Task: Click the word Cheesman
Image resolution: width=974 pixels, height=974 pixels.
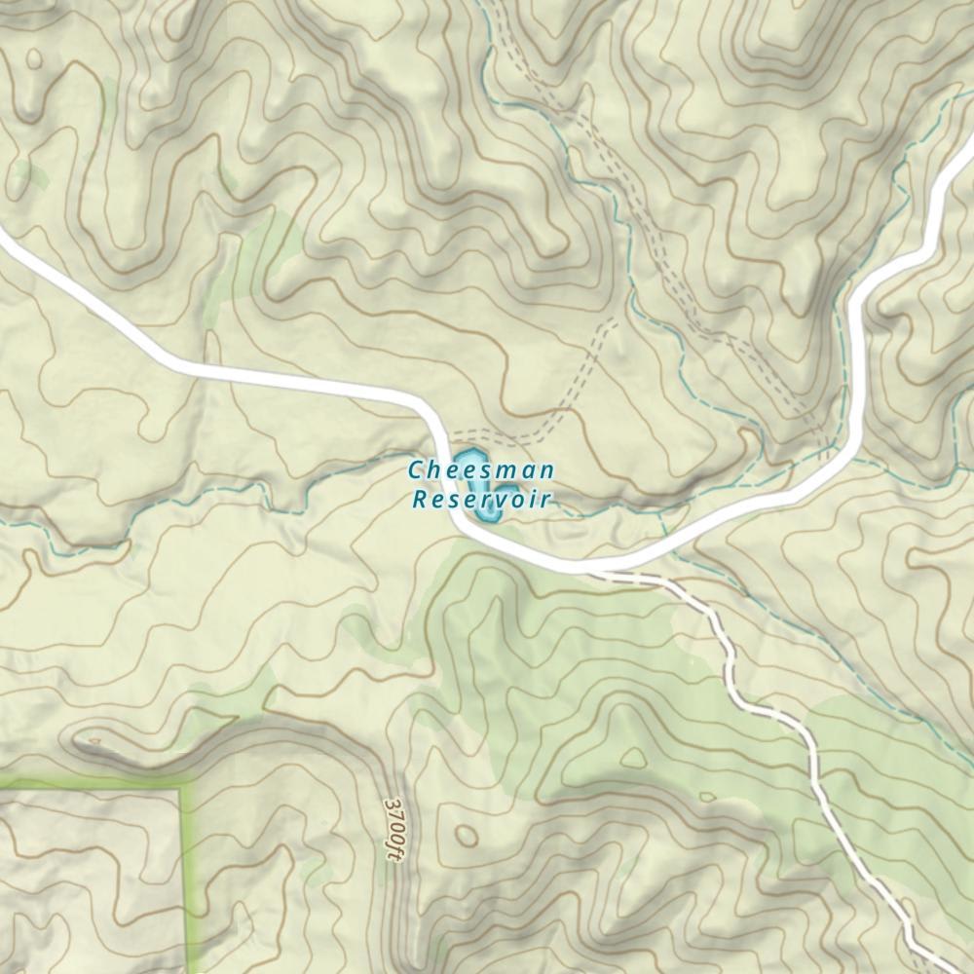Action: pyautogui.click(x=481, y=470)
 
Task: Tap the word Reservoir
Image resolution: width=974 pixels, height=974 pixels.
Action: pyautogui.click(x=481, y=501)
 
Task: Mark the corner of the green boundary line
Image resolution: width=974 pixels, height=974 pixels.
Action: pyautogui.click(x=181, y=783)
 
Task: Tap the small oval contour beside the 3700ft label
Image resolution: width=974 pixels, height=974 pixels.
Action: pyautogui.click(x=467, y=835)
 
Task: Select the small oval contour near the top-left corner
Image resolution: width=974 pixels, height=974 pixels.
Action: pyautogui.click(x=35, y=59)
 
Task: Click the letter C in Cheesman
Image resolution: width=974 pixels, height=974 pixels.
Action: pyautogui.click(x=415, y=470)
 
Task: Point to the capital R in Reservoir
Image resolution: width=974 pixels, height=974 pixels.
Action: pyautogui.click(x=420, y=501)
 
